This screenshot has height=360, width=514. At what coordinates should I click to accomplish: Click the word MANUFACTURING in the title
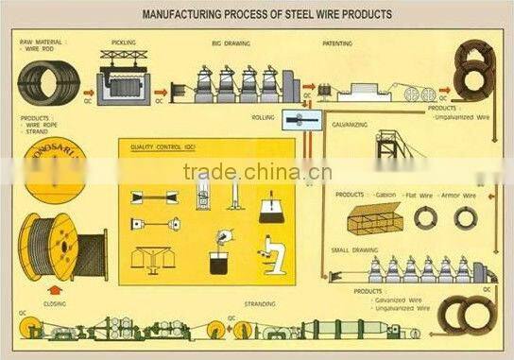point(184,15)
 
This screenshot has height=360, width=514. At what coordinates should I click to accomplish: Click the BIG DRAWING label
point(231,43)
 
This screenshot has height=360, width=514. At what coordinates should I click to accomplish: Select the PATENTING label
point(337,43)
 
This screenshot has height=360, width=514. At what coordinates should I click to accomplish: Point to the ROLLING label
point(263,117)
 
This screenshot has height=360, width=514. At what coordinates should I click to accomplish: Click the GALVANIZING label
point(349,124)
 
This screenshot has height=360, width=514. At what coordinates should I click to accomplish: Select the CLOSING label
point(55,304)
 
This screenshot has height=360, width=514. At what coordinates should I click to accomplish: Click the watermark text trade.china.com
point(257,172)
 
